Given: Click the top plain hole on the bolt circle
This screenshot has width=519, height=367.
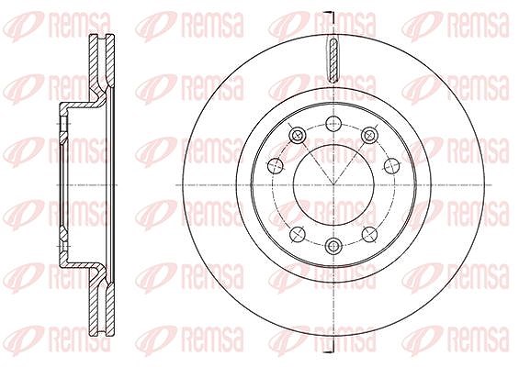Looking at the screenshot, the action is tap(333, 124).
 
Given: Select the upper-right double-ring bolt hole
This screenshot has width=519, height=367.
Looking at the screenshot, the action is tap(369, 135).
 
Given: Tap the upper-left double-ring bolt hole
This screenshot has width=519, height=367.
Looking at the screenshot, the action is tap(297, 135).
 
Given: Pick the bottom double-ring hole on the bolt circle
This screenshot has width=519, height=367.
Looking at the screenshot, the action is tap(333, 245).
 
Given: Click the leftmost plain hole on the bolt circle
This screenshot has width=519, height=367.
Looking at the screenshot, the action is tap(275, 164).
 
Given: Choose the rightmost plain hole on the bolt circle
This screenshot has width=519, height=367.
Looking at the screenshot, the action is tap(391, 164).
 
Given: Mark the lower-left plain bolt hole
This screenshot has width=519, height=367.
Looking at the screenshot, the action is tap(297, 234).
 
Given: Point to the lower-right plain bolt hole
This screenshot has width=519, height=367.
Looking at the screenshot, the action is tap(369, 234).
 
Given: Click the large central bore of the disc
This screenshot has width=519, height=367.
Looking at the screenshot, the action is tap(333, 184).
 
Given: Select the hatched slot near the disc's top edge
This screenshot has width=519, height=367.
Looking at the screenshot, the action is tap(333, 60).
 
